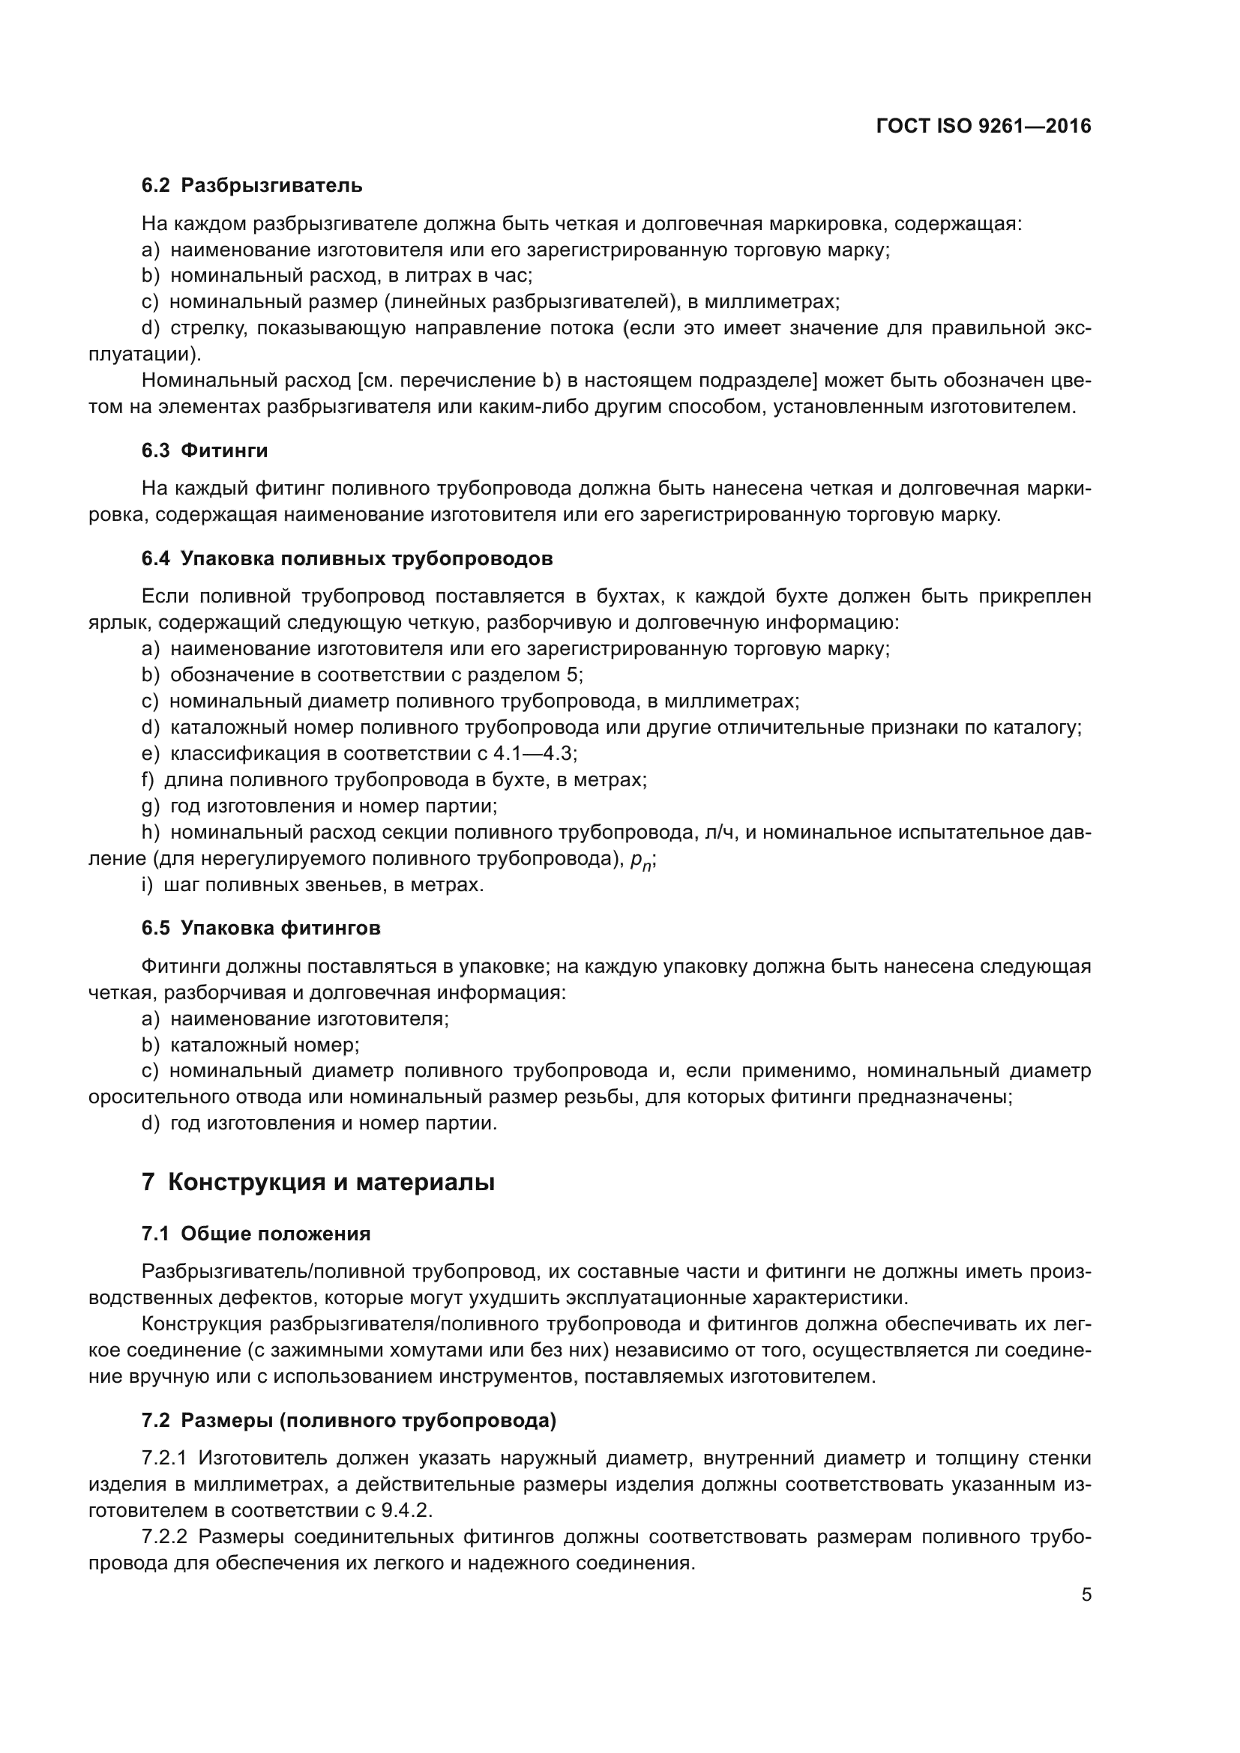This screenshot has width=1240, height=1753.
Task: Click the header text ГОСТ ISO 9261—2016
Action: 984,127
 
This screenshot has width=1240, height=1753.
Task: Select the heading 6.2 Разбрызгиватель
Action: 252,186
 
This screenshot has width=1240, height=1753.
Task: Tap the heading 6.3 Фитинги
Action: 205,450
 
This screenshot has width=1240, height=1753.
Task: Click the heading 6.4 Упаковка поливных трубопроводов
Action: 347,558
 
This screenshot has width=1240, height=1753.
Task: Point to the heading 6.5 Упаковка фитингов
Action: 261,929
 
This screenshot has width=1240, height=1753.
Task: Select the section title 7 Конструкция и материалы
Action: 319,1183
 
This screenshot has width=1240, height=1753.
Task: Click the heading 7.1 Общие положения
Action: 256,1234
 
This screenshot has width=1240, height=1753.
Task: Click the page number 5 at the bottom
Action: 1086,1595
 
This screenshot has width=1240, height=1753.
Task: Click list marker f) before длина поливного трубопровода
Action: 148,779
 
